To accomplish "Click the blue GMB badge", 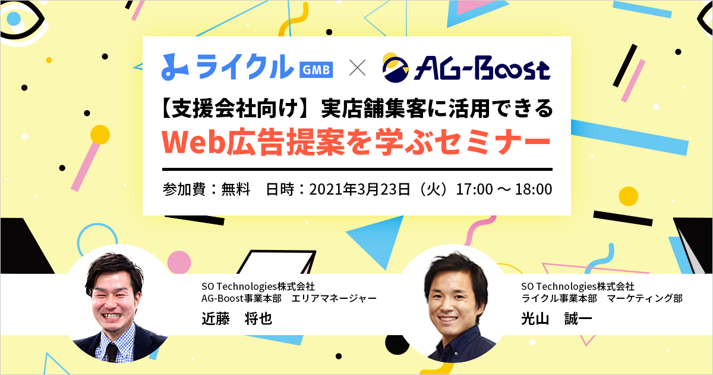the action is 316,70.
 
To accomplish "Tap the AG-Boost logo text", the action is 482,68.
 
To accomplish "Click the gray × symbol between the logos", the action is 357,68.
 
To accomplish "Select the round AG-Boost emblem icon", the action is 395,68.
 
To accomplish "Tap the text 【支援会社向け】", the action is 235,108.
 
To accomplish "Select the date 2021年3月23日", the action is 359,189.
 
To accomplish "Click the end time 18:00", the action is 534,189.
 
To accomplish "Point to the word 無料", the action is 235,189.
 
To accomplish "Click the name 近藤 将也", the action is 237,318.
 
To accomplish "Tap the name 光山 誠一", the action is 556,318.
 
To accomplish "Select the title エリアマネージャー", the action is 334,298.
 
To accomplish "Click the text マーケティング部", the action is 645,298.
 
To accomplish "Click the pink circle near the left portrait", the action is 179,262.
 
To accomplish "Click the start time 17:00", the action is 475,189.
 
